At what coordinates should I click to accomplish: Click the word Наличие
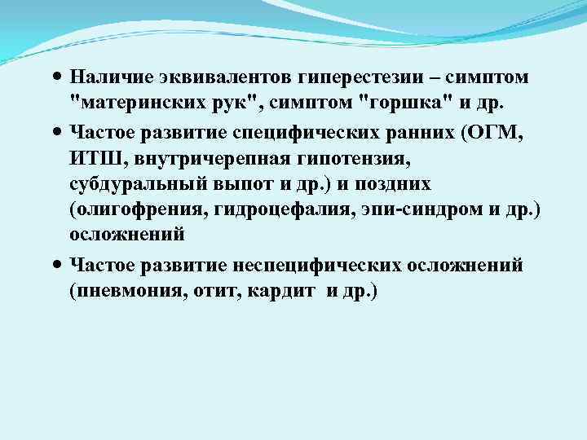coord(105,77)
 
